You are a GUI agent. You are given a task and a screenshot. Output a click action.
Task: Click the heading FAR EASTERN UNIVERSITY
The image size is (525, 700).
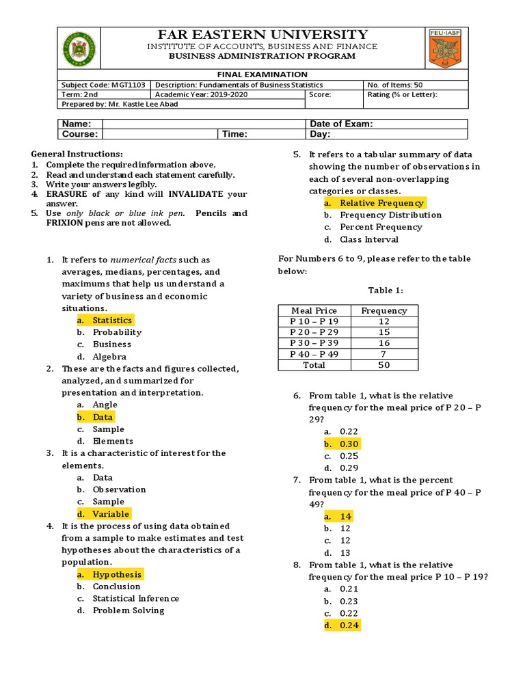pyautogui.click(x=263, y=35)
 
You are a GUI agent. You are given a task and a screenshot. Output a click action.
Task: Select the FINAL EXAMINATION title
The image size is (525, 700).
pyautogui.click(x=262, y=75)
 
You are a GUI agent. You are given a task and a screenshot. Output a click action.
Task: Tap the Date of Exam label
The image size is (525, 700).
pyautogui.click(x=342, y=124)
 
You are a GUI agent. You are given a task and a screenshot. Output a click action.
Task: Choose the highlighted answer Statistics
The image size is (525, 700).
pyautogui.click(x=112, y=320)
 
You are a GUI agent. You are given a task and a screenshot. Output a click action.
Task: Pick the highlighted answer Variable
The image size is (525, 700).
pyautogui.click(x=111, y=513)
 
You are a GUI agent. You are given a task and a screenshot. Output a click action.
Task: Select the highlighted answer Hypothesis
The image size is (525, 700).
pyautogui.click(x=117, y=574)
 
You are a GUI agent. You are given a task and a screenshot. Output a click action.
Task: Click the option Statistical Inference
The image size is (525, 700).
pyautogui.click(x=136, y=598)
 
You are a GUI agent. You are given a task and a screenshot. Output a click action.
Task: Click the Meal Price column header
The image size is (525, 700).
pyautogui.click(x=314, y=310)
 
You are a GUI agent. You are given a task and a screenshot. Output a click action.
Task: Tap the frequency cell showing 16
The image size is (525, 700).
pyautogui.click(x=383, y=343)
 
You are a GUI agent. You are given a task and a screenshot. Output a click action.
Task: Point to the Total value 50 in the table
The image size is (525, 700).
pyautogui.click(x=383, y=365)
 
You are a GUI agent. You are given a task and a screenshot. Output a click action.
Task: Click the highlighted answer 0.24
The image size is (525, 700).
pyautogui.click(x=349, y=625)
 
